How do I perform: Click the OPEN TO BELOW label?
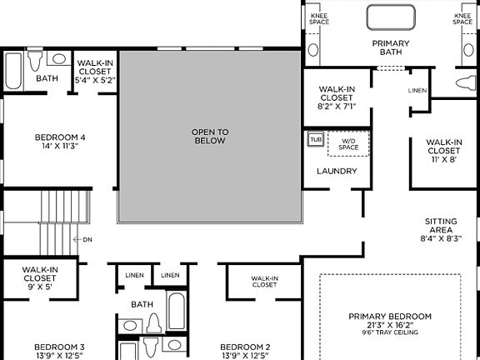tap(210, 136)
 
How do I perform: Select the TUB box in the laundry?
tap(316, 139)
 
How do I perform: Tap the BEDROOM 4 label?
tap(60, 137)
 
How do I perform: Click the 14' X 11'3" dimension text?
tap(60, 147)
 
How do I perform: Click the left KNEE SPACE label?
tap(319, 18)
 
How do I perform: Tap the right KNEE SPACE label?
tap(463, 18)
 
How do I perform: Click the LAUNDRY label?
tap(337, 172)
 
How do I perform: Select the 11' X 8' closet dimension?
tap(442, 158)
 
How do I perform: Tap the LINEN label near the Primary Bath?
tap(417, 90)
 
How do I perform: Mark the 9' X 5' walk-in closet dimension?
tap(39, 287)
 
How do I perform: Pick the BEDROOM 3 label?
tap(59, 347)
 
